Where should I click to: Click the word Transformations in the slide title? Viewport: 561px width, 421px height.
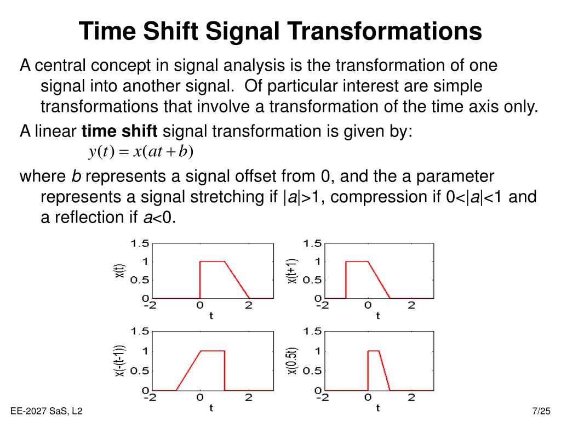point(387,32)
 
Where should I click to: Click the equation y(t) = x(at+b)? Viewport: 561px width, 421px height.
point(141,152)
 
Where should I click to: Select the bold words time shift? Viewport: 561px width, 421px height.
point(119,132)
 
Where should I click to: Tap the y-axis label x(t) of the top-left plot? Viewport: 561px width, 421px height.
point(120,271)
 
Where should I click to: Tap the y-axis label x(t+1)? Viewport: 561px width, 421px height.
point(293,271)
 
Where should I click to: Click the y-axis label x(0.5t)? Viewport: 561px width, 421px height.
point(293,361)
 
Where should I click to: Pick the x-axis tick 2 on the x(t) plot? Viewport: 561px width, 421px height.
point(249,306)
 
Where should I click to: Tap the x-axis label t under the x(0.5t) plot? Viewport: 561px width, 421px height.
point(378,408)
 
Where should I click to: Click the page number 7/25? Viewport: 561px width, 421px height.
point(541,411)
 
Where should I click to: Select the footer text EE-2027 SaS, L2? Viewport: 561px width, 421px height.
point(46,411)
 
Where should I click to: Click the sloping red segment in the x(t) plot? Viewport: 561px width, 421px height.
point(237,280)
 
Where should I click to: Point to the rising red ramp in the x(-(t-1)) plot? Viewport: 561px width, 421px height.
point(188,371)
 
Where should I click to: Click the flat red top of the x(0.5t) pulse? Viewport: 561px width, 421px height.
point(374,351)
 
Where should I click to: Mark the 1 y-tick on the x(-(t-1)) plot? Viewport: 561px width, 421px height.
point(144,351)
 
